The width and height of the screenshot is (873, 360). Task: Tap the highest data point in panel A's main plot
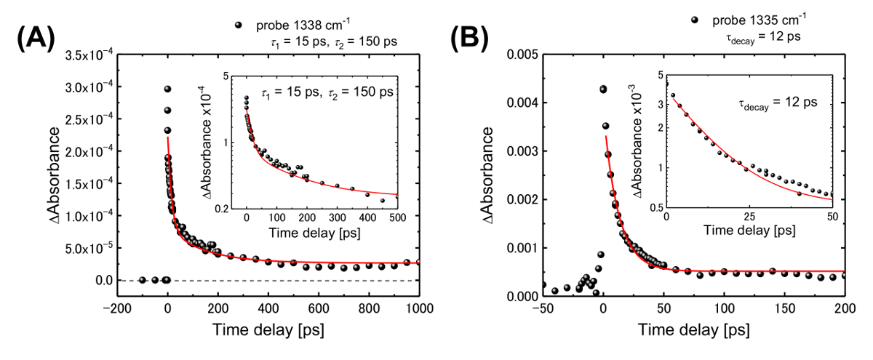tap(168, 89)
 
